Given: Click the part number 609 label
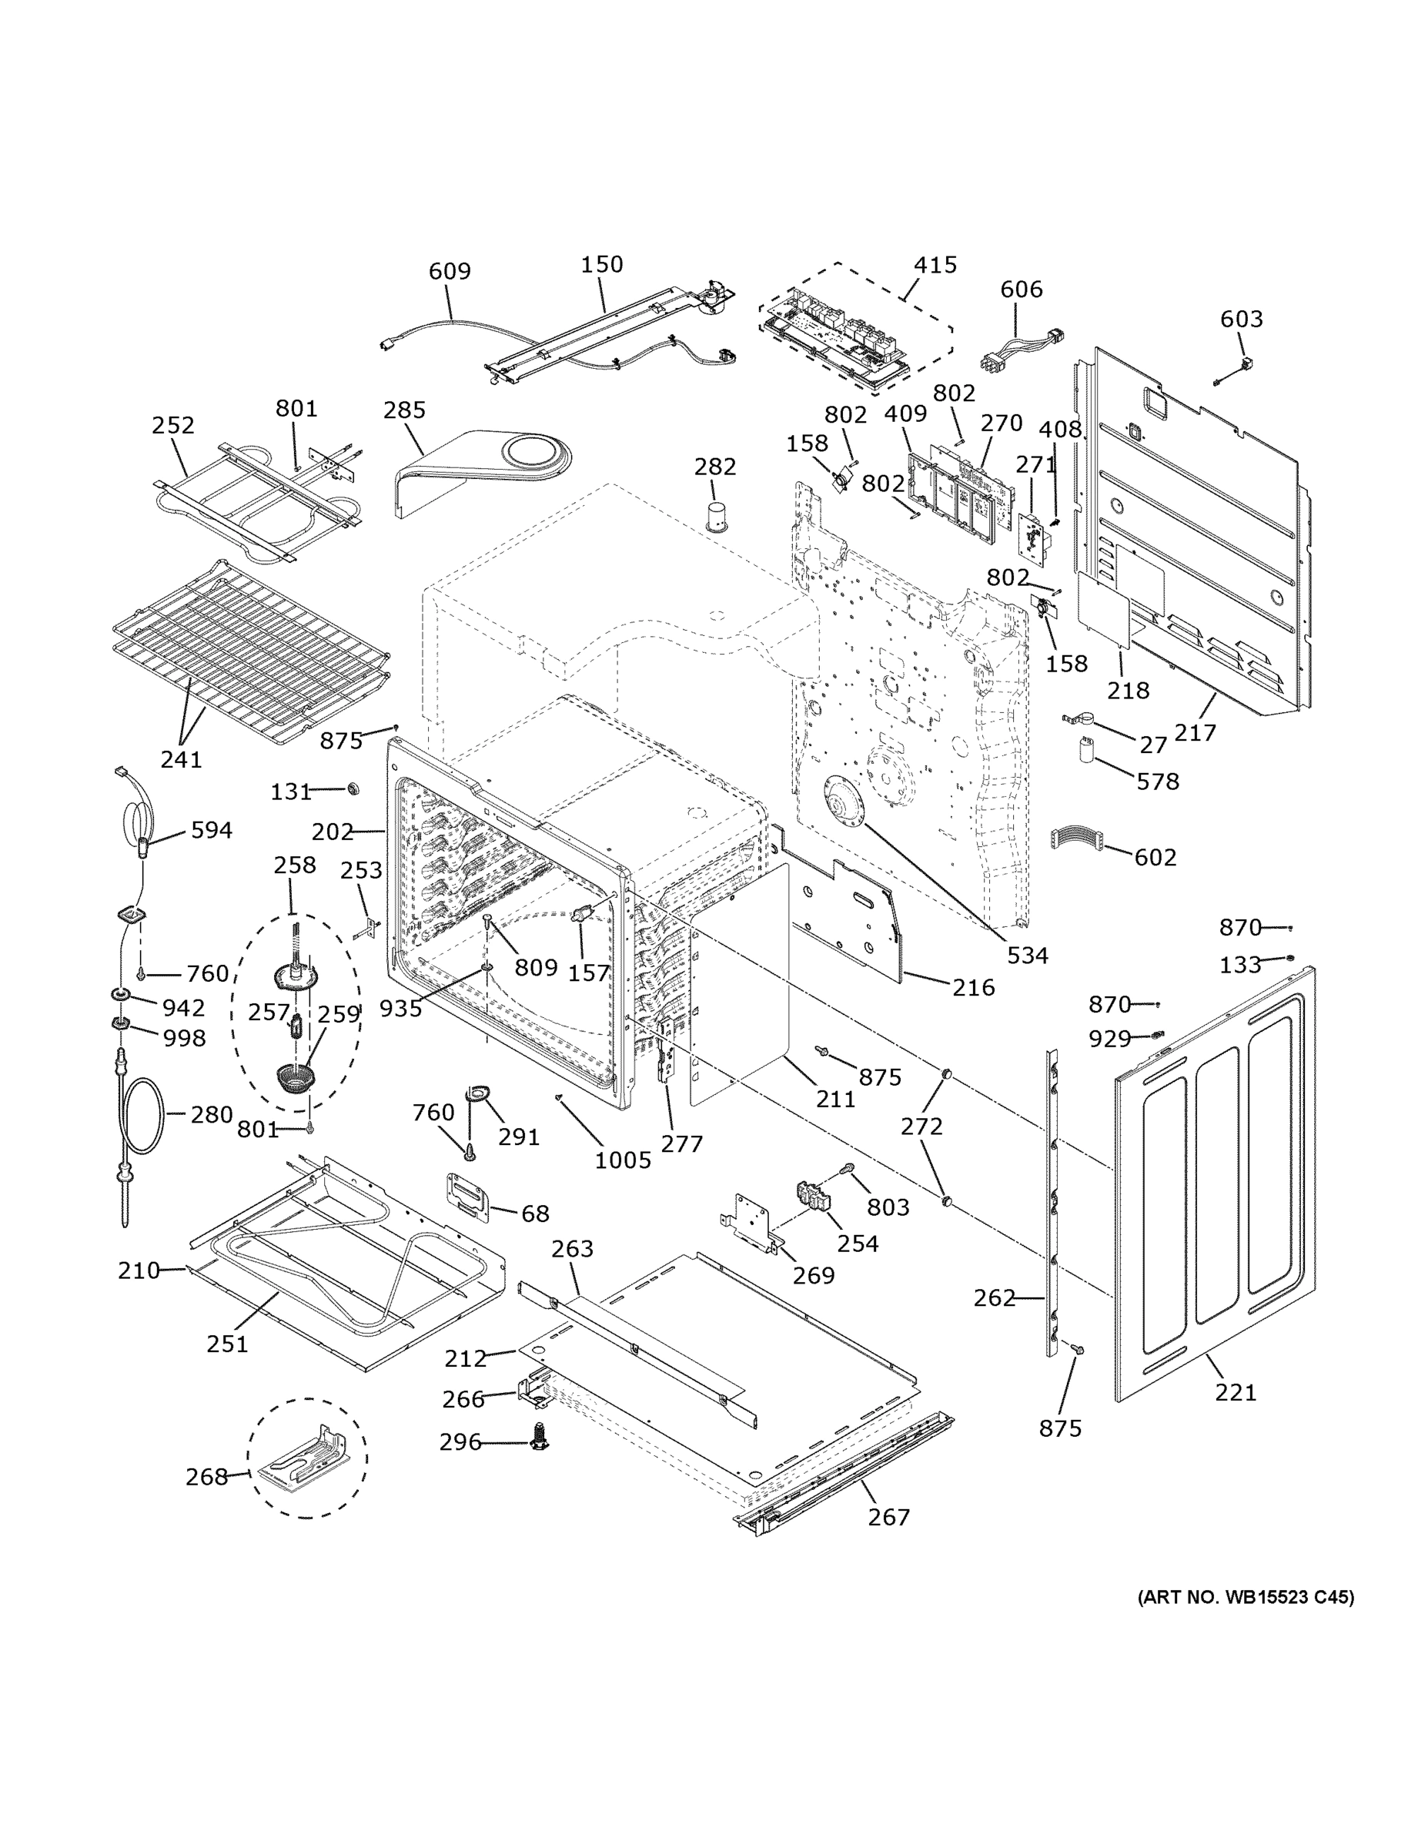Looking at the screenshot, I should [450, 271].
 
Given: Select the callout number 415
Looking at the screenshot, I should [935, 265].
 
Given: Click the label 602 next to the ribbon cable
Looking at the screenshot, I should [1155, 857].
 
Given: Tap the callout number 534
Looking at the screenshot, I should [1027, 956].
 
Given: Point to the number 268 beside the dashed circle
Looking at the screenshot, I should [207, 1477].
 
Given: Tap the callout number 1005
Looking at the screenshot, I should [623, 1160].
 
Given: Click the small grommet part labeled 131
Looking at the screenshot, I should [353, 788].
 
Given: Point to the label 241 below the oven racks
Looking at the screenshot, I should [181, 759].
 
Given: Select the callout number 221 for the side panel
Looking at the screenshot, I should [1236, 1392].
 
